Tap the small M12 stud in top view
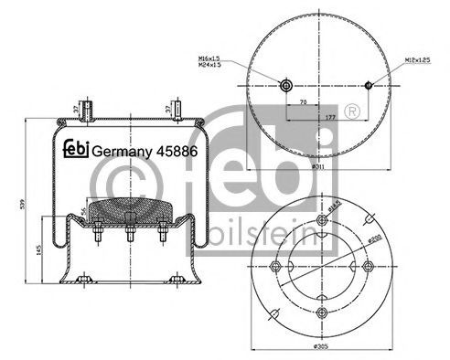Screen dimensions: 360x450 [368, 86]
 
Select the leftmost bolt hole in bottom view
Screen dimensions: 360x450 [273, 266]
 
